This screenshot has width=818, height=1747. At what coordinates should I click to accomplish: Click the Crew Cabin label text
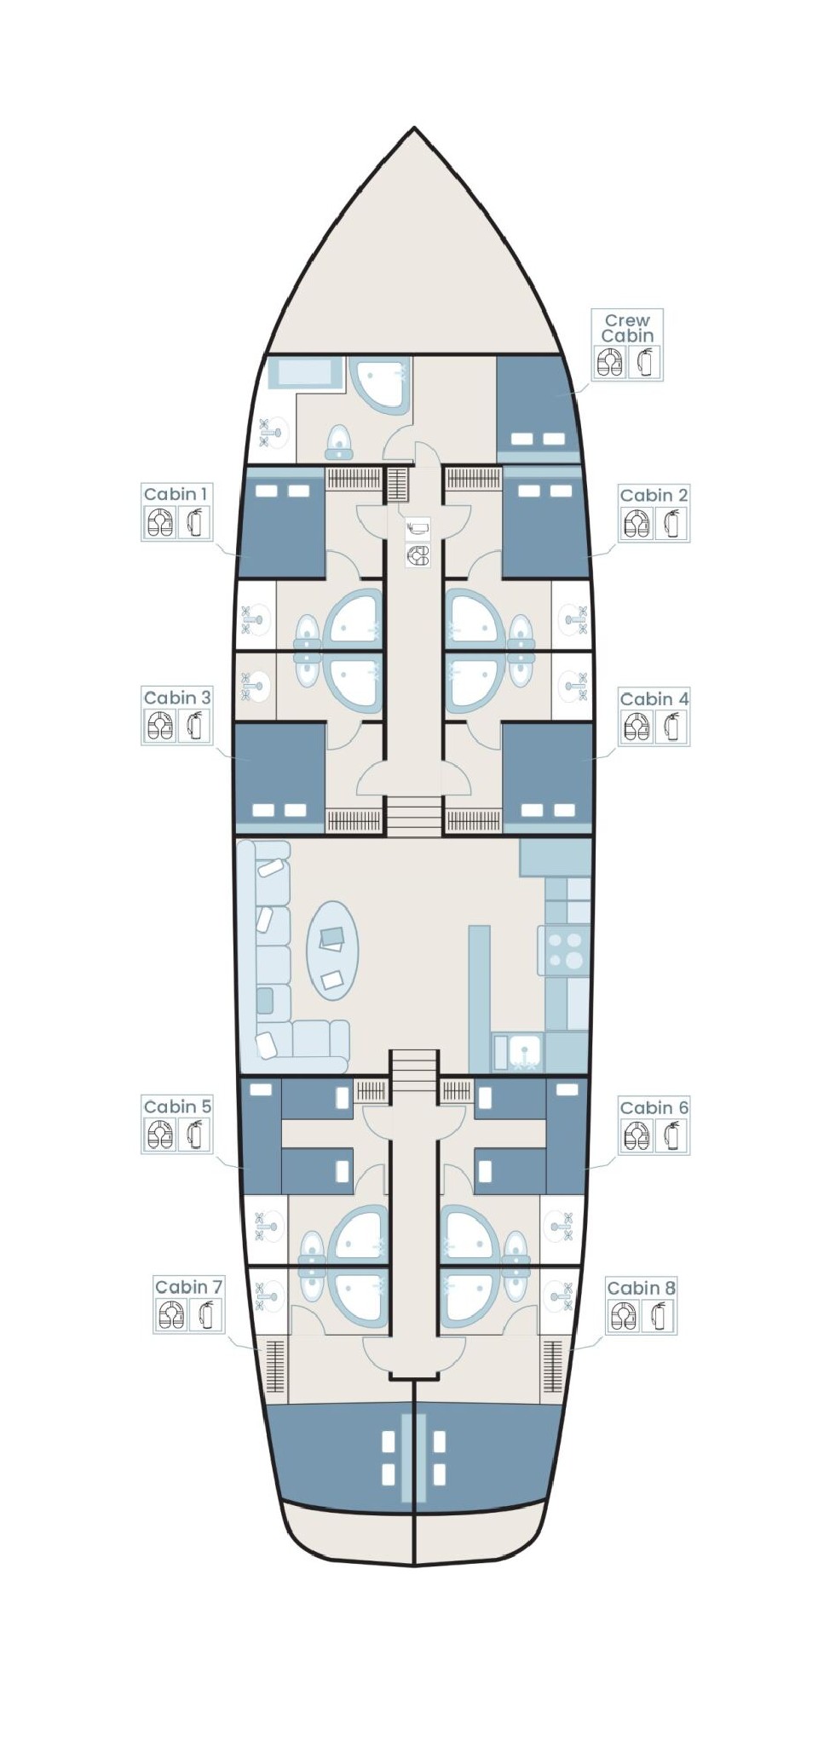coord(627,328)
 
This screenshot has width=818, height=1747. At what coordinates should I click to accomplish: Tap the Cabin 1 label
coord(176,494)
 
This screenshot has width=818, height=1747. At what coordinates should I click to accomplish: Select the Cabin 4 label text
coord(654,699)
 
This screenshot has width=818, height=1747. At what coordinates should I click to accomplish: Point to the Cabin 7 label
coord(188,1286)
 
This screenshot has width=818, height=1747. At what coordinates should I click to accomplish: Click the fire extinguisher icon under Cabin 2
coord(672,524)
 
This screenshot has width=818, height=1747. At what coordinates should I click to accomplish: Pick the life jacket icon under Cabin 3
coord(160,727)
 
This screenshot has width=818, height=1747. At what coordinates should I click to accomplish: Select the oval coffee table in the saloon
coord(332,950)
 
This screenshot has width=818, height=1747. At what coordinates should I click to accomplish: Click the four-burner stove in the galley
coord(564,951)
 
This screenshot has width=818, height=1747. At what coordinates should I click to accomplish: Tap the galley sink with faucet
coord(518,1051)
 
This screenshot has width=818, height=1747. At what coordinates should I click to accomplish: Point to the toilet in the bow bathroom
coord(339,442)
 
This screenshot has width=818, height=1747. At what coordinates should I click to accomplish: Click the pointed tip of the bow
coord(414,128)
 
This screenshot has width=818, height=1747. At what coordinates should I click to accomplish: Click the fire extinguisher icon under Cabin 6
coord(672,1135)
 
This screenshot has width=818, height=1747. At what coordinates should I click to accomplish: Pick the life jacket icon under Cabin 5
coord(160,1135)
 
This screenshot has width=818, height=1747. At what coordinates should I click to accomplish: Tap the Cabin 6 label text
coord(654,1107)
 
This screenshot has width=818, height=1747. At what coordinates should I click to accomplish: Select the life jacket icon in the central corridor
coord(418,556)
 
